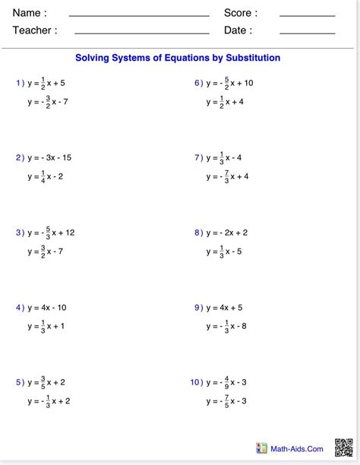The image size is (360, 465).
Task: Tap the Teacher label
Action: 35,30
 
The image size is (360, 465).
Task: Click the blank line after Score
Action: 307,15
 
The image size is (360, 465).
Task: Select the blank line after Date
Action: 307,33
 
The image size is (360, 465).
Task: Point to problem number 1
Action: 19,83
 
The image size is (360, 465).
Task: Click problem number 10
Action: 196,382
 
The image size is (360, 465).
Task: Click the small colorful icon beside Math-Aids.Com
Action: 262,449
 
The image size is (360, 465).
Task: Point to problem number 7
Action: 197,158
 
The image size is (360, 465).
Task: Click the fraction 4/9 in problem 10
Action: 225,382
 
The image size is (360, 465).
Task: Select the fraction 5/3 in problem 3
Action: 47,232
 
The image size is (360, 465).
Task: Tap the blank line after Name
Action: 139,15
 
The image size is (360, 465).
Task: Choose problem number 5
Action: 19,382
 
